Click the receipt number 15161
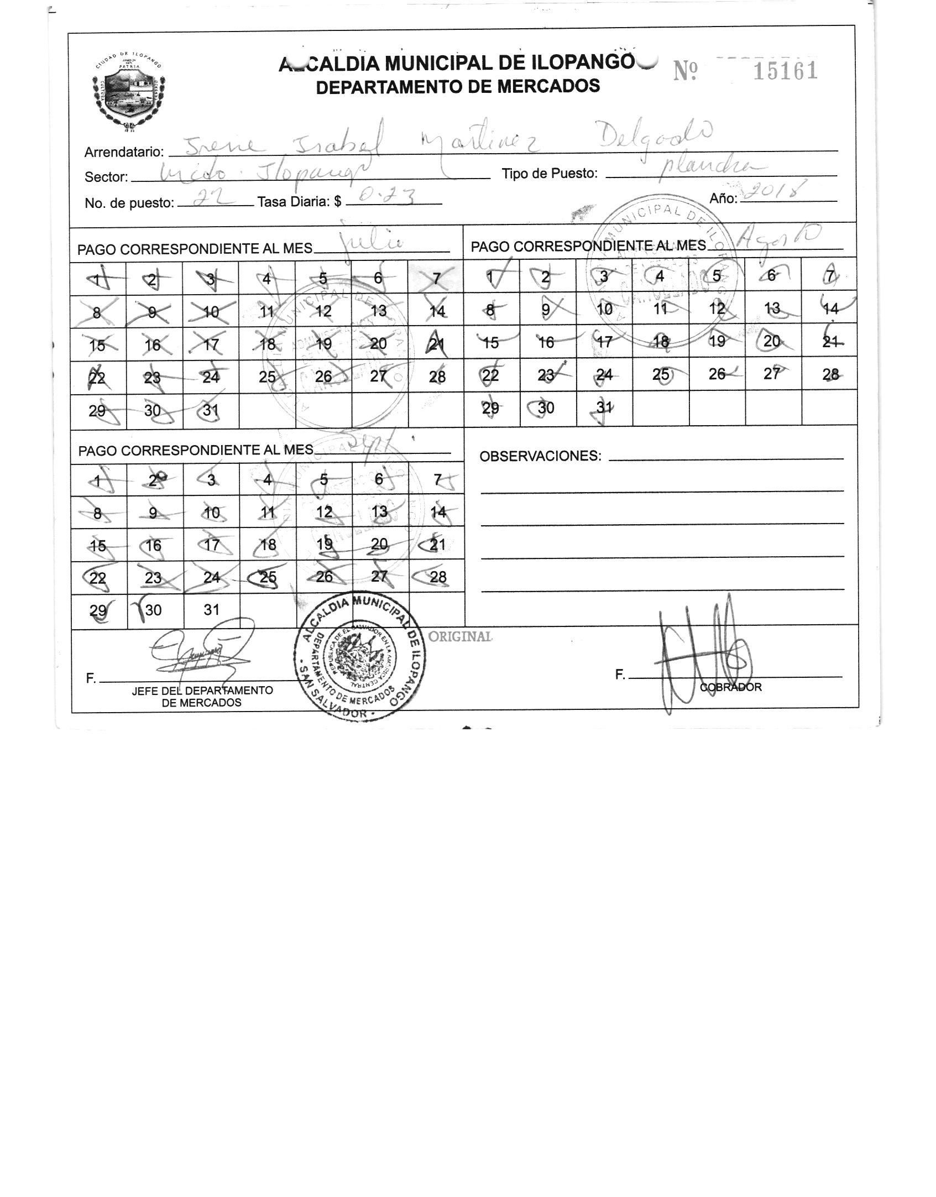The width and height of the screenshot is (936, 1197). [x=785, y=71]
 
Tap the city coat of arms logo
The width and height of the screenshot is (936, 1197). [x=129, y=93]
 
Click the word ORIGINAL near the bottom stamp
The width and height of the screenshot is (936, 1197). [x=460, y=636]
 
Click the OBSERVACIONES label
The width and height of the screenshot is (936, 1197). [x=540, y=456]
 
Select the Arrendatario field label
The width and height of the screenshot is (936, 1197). [x=124, y=152]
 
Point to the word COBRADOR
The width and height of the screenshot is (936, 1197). [x=730, y=687]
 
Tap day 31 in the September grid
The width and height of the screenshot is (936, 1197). [x=211, y=610]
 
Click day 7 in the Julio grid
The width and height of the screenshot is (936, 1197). [x=436, y=278]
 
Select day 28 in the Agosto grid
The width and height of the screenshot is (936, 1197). [x=830, y=374]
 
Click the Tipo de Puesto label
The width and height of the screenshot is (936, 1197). [x=549, y=174]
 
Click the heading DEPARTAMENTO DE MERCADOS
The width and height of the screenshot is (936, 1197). [x=458, y=86]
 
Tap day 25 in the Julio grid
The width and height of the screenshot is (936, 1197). [x=267, y=377]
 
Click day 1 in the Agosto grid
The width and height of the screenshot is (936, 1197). [x=490, y=275]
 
